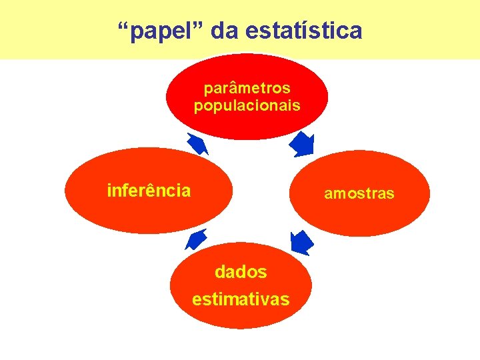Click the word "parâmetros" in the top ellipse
247,88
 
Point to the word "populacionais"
247,105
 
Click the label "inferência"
149,191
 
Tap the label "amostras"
359,194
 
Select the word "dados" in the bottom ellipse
241,272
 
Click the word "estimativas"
241,299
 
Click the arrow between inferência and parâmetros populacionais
198,144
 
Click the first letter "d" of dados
220,272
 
